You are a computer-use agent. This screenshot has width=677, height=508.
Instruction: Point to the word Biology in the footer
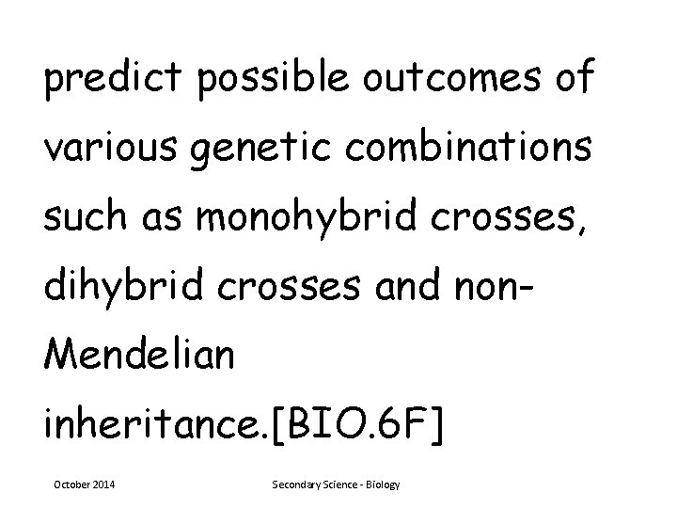pyautogui.click(x=382, y=484)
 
